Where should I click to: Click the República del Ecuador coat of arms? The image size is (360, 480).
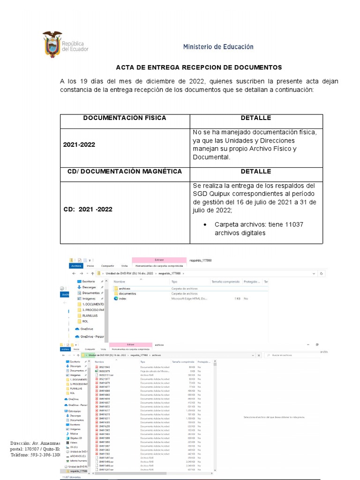click(x=52, y=44)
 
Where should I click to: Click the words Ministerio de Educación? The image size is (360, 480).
click(x=218, y=47)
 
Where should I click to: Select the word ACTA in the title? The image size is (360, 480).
click(x=125, y=67)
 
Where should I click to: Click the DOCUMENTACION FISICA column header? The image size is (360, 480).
click(x=125, y=118)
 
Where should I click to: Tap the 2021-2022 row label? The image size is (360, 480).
click(x=79, y=145)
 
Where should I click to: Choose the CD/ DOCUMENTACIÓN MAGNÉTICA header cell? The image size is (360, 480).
click(x=125, y=172)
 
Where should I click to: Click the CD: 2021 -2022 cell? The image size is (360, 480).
click(x=88, y=210)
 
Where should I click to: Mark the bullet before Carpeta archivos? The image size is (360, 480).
click(x=205, y=225)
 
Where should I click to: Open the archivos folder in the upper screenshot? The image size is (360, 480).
click(x=124, y=289)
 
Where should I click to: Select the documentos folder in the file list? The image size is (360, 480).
click(x=127, y=293)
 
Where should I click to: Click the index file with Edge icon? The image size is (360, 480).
click(x=122, y=298)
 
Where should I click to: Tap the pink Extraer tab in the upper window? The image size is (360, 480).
click(x=159, y=260)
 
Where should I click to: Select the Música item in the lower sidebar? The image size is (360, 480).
click(x=75, y=433)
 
